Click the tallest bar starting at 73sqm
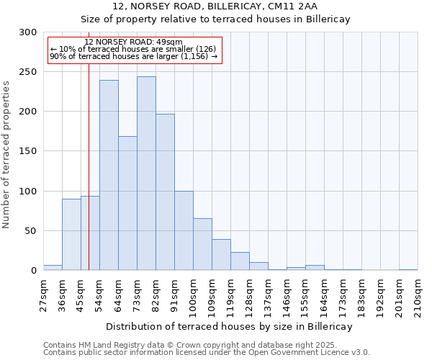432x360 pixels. pyautogui.click(x=146, y=174)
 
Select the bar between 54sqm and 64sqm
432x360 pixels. pyautogui.click(x=109, y=175)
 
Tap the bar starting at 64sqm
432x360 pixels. pyautogui.click(x=127, y=203)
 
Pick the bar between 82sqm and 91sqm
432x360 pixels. pyautogui.click(x=165, y=192)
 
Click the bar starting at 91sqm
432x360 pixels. pyautogui.click(x=184, y=230)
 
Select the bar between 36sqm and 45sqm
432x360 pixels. pyautogui.click(x=71, y=235)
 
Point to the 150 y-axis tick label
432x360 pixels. pyautogui.click(x=27, y=151)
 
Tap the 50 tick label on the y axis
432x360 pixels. pyautogui.click(x=30, y=231)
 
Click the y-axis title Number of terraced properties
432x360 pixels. pyautogui.click(x=6, y=154)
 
